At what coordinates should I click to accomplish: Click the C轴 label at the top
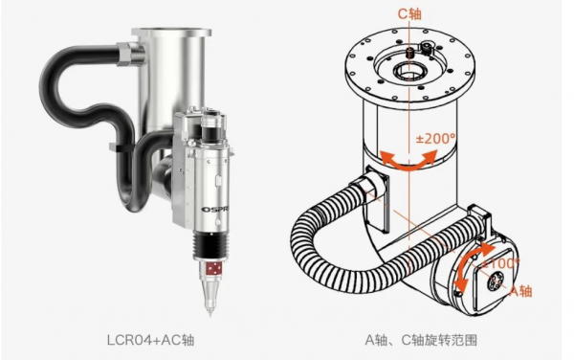click(409, 13)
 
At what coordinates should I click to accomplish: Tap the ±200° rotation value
click(435, 139)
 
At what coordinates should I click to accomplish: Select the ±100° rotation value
click(500, 263)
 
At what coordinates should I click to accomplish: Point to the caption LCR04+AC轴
click(150, 340)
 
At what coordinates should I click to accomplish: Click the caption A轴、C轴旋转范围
click(421, 340)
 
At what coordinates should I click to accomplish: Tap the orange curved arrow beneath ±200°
click(408, 161)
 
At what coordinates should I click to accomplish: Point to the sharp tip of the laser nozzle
click(210, 315)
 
